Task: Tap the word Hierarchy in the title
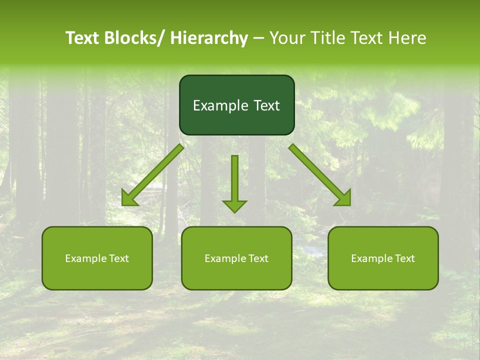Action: click(x=209, y=38)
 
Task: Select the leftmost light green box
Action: click(x=97, y=275)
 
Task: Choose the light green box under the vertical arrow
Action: click(x=236, y=275)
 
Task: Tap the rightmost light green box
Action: click(x=383, y=275)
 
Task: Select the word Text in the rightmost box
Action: click(x=404, y=258)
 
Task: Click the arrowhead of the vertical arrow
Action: click(x=234, y=205)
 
